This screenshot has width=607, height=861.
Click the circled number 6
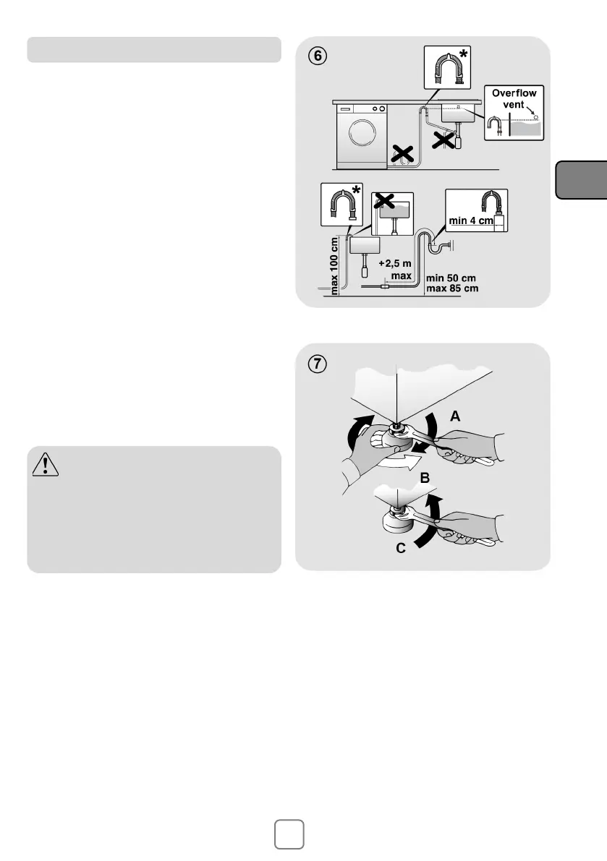tap(318, 56)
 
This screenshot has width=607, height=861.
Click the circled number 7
tap(318, 364)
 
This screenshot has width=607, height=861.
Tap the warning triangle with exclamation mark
tap(46, 465)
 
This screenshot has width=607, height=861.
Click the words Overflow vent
tap(514, 99)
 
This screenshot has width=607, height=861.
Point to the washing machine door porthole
tap(362, 132)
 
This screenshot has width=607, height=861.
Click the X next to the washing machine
tap(402, 154)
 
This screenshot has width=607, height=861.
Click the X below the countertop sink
tap(443, 140)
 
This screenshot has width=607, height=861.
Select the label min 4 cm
tap(471, 220)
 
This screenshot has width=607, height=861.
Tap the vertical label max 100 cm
tap(334, 266)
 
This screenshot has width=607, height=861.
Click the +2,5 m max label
tap(396, 270)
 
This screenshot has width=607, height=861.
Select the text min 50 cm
tap(451, 278)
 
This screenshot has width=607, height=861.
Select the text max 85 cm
tap(453, 288)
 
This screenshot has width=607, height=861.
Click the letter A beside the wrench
tap(455, 416)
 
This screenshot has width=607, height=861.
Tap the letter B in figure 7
tap(425, 478)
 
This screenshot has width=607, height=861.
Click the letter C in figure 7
tap(401, 548)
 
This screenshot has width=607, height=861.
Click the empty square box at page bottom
tap(289, 834)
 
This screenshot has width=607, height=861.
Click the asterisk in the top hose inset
tap(464, 53)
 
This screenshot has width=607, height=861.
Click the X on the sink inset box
tap(384, 201)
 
